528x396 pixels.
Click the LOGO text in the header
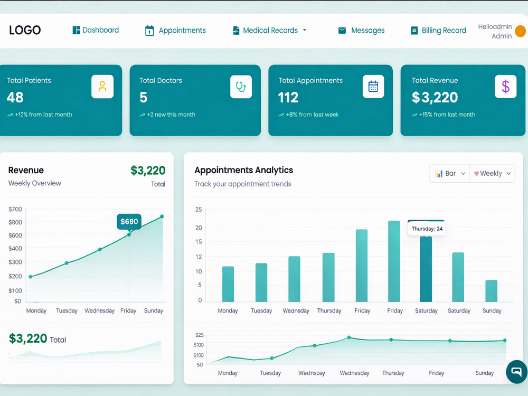(25, 30)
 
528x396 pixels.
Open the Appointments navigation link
(175, 30)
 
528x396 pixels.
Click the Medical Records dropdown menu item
(269, 30)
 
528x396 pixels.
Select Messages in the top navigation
(361, 30)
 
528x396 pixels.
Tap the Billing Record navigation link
(438, 30)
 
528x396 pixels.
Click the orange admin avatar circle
(521, 31)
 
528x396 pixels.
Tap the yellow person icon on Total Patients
(102, 87)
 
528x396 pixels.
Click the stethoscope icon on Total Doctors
(241, 87)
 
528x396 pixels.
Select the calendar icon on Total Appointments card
(373, 87)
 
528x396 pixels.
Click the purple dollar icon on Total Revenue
(505, 87)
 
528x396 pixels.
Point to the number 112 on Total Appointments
(288, 98)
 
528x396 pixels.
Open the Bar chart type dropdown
(449, 173)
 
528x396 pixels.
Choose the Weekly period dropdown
(492, 173)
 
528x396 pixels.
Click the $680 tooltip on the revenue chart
(129, 222)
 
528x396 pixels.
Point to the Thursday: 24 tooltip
(427, 229)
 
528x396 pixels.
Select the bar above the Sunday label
(491, 291)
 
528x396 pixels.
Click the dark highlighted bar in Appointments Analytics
(426, 269)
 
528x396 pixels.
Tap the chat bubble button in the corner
(517, 372)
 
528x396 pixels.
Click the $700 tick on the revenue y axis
(15, 209)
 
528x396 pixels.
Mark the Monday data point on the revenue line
(31, 277)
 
